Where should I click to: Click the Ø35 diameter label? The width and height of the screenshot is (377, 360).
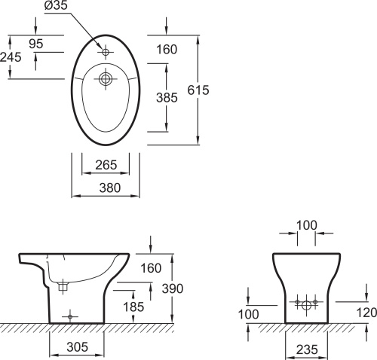coord(56,5)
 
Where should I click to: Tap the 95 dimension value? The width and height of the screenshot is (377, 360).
coord(36,44)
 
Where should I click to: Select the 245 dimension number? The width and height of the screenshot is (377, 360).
coord(11,57)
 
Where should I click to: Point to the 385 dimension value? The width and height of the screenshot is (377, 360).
coord(167,98)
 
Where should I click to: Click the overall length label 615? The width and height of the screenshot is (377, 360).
coord(198,90)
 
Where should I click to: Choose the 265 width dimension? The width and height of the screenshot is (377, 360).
coord(106,165)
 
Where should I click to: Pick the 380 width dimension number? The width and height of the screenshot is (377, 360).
coord(110,188)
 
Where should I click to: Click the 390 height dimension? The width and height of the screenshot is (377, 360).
coord(173,288)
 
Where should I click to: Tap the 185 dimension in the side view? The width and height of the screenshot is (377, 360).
coord(133,307)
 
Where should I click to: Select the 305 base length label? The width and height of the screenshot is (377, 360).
coord(78,347)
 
